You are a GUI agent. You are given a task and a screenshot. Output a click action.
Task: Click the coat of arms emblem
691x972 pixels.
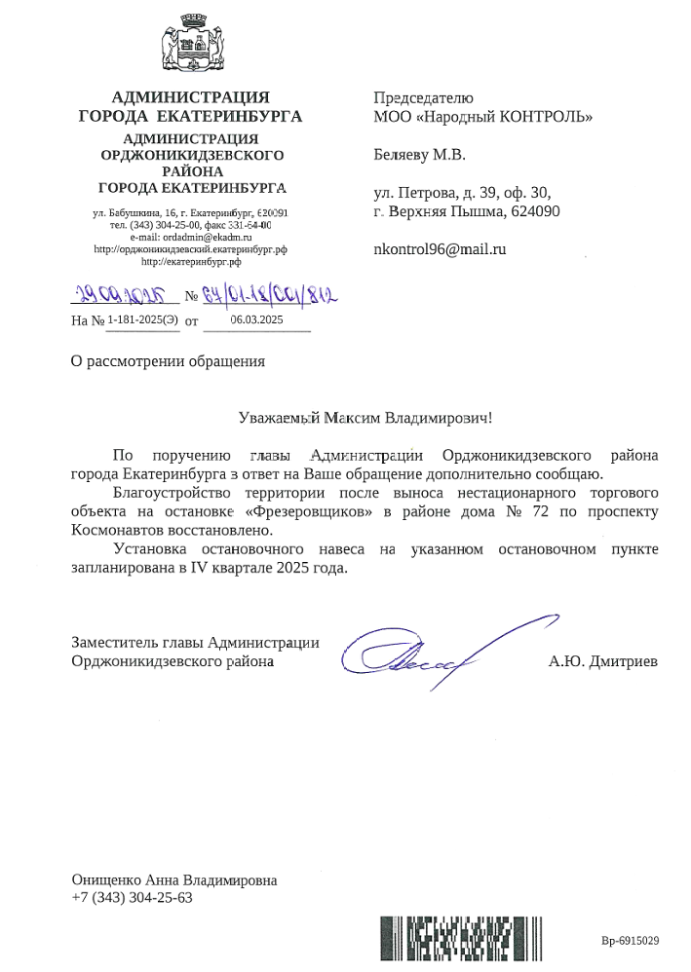[x=189, y=45]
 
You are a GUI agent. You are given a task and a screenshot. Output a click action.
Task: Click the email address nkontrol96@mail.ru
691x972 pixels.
[x=441, y=248]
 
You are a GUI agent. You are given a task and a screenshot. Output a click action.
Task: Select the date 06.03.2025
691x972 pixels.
[x=256, y=318]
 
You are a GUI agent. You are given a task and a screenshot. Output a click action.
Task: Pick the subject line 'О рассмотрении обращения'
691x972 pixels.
[x=169, y=361]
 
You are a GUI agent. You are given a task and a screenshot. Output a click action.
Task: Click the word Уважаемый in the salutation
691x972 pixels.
[x=280, y=418]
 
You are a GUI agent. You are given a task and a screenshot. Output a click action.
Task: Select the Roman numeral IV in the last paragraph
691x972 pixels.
[x=200, y=568]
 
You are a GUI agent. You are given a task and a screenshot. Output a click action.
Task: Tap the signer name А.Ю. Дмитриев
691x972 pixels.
[x=603, y=662]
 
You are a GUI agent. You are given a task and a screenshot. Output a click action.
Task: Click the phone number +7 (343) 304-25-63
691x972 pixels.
[x=133, y=897]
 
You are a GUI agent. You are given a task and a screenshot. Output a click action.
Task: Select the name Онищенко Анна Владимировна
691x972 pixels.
[x=174, y=879]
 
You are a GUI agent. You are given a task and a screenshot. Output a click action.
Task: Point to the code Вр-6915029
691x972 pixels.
[x=631, y=941]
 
